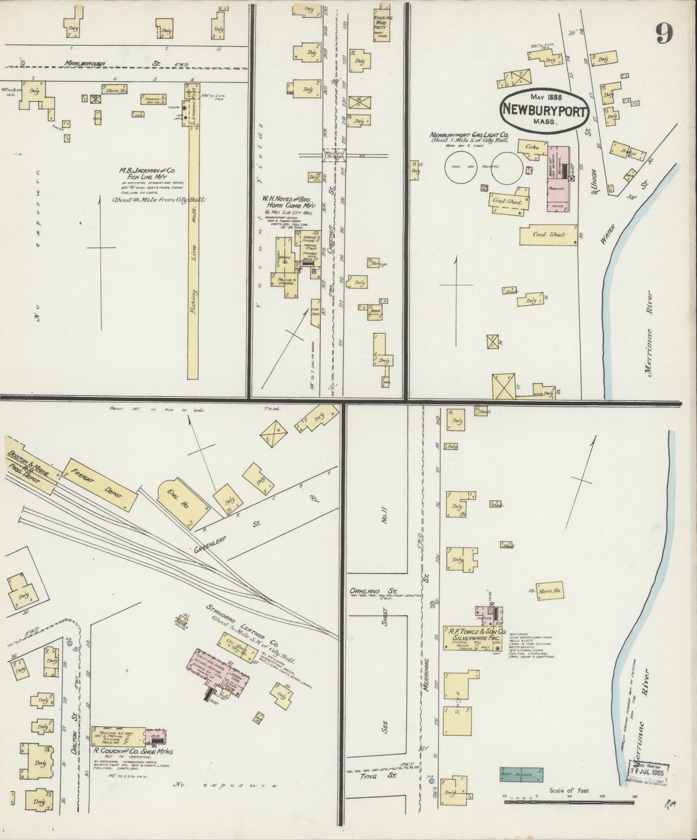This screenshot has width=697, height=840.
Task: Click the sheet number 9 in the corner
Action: (664, 33)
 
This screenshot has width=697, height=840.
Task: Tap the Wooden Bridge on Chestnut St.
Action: (333, 155)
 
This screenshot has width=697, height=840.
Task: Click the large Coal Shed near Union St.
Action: (548, 235)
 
